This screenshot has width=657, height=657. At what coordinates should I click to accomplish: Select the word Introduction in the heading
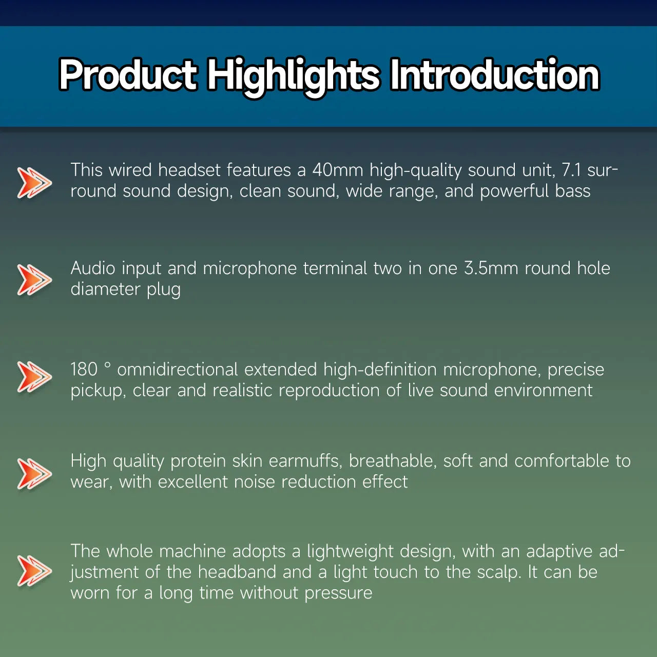point(494,75)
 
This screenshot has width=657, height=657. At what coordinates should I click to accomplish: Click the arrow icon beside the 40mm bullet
point(34,182)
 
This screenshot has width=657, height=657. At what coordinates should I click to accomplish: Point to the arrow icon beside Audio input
point(34,280)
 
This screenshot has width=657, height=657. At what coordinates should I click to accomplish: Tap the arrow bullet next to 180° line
point(34,376)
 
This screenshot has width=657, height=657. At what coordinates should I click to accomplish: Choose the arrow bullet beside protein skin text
point(34,473)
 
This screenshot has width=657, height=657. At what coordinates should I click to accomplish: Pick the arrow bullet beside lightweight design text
point(34,570)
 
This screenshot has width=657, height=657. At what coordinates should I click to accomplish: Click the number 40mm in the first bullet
point(337,170)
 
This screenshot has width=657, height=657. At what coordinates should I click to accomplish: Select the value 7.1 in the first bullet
point(571,170)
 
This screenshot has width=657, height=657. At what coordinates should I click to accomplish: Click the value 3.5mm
point(491,268)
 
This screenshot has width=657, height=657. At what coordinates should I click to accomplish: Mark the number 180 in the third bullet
point(84,370)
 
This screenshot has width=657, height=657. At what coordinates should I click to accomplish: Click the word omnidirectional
point(178,370)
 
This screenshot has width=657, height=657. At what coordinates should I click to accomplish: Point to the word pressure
point(338,593)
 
